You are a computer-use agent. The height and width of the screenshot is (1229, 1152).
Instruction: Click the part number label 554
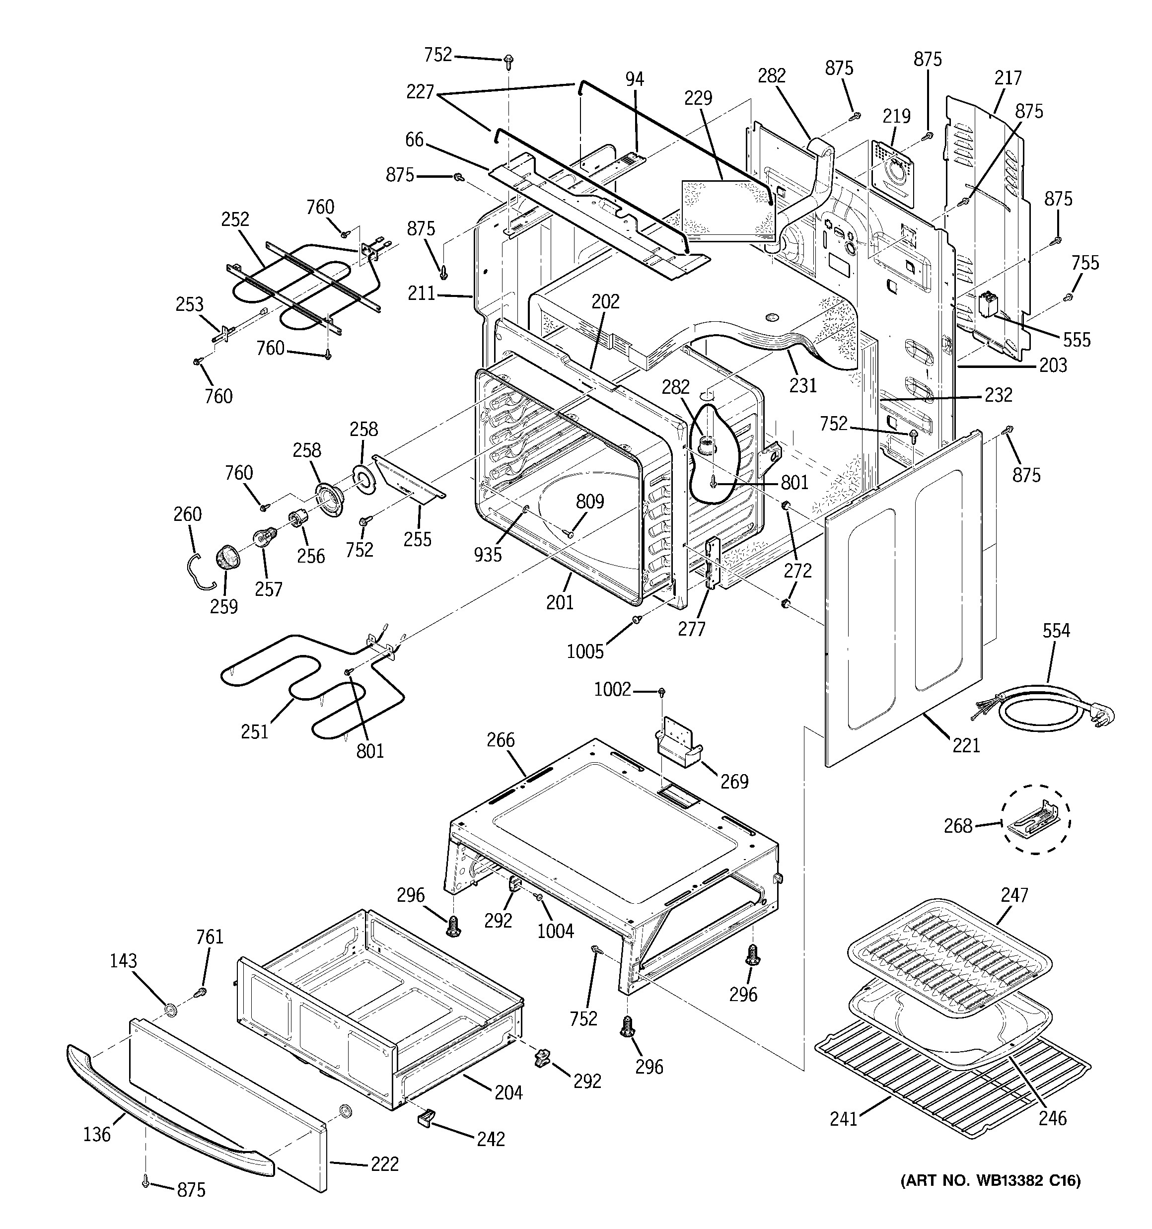click(1056, 631)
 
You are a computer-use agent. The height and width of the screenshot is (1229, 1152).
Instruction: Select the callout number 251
click(255, 731)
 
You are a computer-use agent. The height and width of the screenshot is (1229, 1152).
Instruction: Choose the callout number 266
click(500, 739)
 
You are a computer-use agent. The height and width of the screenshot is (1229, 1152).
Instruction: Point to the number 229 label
click(698, 98)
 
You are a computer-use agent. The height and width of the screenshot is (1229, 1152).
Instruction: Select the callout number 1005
click(585, 651)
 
